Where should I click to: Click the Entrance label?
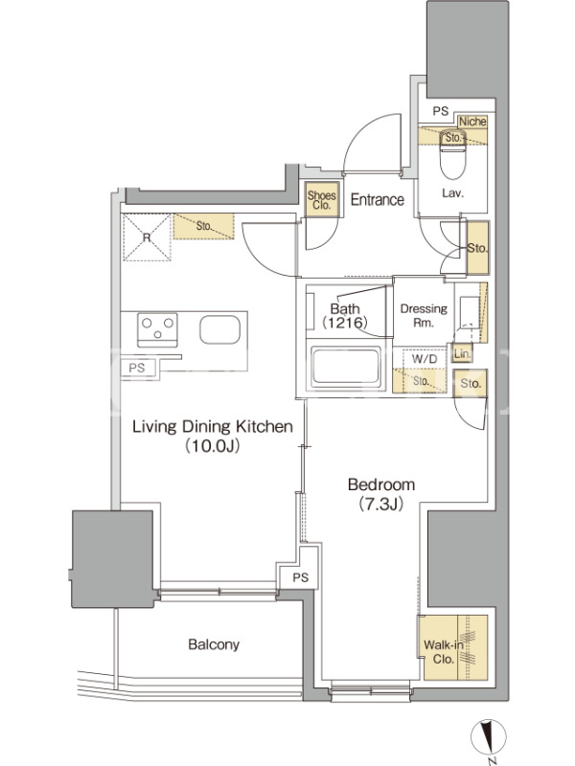(377, 199)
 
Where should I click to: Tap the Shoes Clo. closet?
(321, 199)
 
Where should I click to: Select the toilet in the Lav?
(453, 154)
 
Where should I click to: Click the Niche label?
(472, 122)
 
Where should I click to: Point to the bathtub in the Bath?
(346, 367)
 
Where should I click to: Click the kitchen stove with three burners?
(157, 329)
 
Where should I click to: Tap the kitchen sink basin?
(220, 329)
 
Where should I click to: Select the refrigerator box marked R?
(147, 237)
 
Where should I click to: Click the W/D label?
(425, 359)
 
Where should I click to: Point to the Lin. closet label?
(462, 353)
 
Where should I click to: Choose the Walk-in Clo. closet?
(455, 648)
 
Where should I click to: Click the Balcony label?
(214, 644)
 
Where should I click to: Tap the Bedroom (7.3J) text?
(381, 494)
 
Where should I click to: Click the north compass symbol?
(489, 737)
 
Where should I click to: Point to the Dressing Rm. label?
(424, 315)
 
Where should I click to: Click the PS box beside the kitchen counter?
(138, 368)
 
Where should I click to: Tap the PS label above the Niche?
(441, 111)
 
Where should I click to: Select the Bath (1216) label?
(345, 315)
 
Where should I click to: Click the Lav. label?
(452, 193)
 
